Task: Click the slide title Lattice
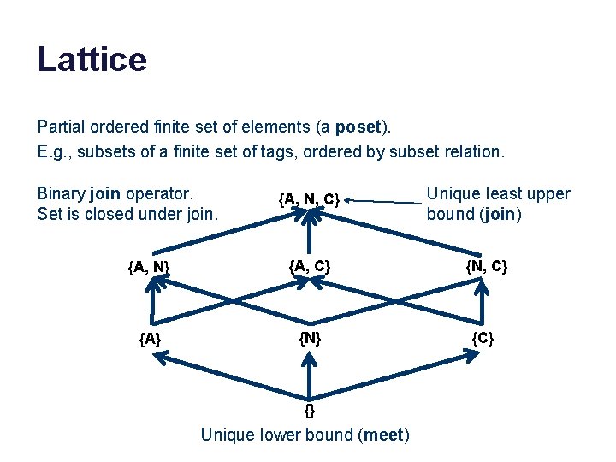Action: tap(92, 60)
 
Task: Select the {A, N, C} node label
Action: tap(309, 199)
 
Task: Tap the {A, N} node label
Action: tap(149, 268)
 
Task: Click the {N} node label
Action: tap(309, 338)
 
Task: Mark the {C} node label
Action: tap(483, 338)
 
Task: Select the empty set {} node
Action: tap(310, 410)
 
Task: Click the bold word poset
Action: tap(358, 127)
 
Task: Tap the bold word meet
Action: tap(382, 435)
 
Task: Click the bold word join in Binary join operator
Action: tap(104, 193)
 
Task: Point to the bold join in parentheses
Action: tap(498, 214)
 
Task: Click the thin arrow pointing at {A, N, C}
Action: tap(385, 201)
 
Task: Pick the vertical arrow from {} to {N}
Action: tap(310, 376)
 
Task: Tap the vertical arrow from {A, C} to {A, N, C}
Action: tap(311, 233)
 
